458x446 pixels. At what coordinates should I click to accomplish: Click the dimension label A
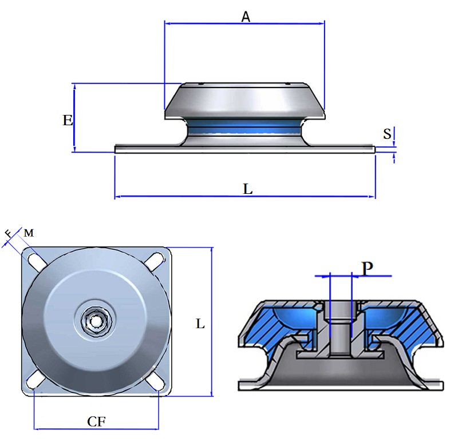pos(246,17)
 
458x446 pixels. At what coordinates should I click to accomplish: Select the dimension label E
pos(68,120)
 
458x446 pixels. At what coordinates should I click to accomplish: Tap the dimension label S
pos(388,134)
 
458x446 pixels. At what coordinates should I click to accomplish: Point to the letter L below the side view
pos(247,189)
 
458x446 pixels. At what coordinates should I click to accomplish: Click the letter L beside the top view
pos(200,324)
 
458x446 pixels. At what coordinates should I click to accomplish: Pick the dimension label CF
pos(96,421)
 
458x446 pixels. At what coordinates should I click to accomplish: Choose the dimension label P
pos(368,267)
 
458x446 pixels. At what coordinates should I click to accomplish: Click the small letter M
pos(29,233)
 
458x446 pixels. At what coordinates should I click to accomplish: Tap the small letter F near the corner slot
pos(8,234)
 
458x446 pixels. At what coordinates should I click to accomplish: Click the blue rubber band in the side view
pos(244,129)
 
